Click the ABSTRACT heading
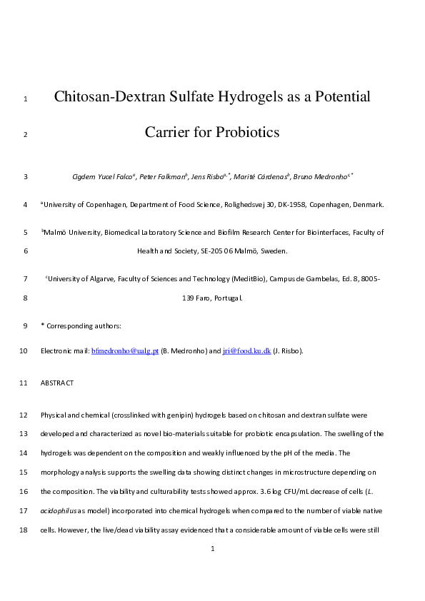(57, 383)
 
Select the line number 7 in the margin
(25, 279)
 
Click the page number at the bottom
(213, 549)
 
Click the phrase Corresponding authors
(84, 326)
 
